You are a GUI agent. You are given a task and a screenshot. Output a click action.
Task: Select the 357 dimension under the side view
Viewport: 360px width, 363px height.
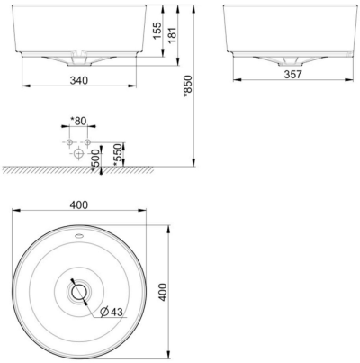point(286,75)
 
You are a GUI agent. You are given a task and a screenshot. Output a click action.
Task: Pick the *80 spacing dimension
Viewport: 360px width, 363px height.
point(78,120)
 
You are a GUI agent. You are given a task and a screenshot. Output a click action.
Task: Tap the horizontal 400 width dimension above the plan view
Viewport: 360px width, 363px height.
point(79,204)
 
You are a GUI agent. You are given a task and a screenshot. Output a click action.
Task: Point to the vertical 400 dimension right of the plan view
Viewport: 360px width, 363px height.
point(163,293)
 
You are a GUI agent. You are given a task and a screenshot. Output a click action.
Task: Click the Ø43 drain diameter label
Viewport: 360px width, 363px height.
point(112,313)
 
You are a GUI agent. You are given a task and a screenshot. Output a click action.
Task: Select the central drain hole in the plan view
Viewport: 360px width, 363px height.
point(79,292)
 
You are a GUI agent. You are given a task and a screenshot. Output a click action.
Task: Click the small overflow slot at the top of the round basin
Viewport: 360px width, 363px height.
point(79,237)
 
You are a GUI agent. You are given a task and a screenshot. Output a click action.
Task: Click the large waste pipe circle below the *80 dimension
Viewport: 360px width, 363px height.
point(78,154)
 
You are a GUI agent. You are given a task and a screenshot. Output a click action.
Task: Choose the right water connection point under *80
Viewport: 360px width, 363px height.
point(88,143)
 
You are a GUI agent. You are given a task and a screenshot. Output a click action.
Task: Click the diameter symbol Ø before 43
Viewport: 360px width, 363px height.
point(104,313)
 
